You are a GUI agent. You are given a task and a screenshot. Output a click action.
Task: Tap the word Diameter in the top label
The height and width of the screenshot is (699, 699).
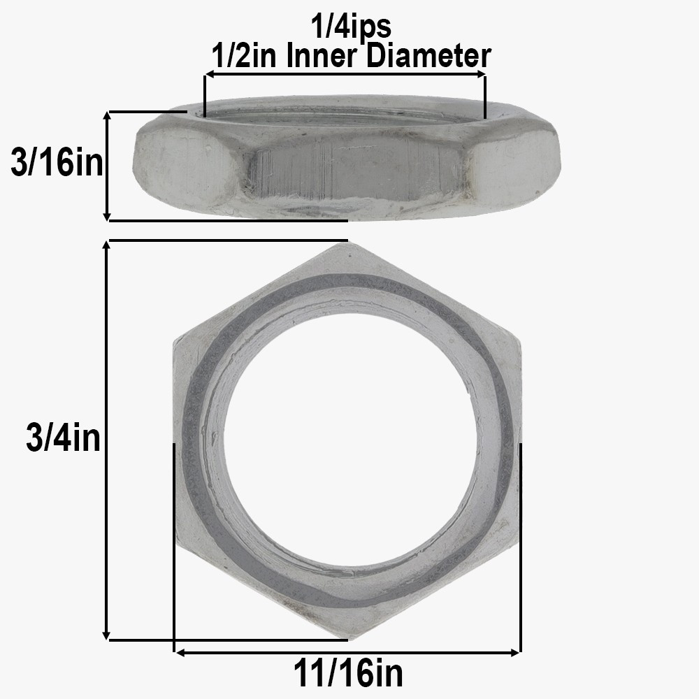click(429, 55)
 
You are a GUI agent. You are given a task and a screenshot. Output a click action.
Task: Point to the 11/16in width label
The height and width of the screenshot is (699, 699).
click(347, 674)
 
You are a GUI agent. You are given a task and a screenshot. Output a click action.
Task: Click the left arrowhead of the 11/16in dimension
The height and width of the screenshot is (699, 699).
click(179, 653)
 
